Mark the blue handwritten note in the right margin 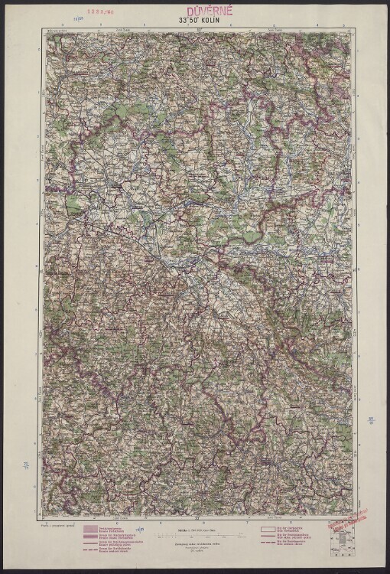[x=370, y=419]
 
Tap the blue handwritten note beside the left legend [x=139, y=530]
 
